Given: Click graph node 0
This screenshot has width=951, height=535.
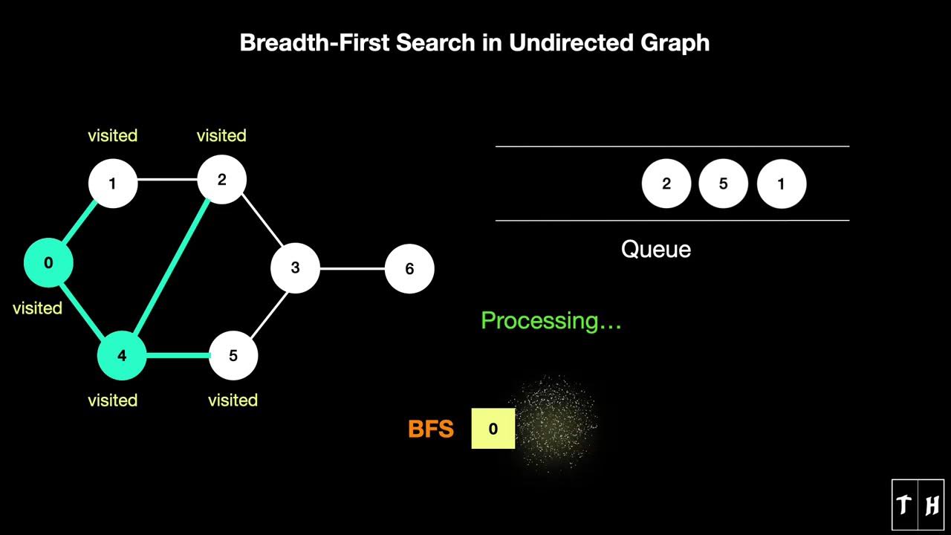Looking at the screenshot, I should pos(48,262).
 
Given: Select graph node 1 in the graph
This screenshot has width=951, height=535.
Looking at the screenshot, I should pos(113,183).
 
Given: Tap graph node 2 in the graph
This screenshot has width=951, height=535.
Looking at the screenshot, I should pos(221,180).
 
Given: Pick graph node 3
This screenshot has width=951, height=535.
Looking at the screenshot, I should pos(295,267).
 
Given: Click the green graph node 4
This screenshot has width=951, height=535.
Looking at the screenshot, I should pos(122,356).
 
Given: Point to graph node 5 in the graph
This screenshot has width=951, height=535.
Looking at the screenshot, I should pos(233,356).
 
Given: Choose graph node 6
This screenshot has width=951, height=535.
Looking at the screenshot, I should pos(409,268).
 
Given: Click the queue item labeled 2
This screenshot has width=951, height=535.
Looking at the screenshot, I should pos(666,184).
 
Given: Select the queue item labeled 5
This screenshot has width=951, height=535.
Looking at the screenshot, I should pos(723,184).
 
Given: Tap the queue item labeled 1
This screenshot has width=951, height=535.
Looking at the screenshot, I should pos(781,184).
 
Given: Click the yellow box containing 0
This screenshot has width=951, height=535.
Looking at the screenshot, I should pos(493,429).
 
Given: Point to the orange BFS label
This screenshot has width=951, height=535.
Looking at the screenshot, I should pos(431,429).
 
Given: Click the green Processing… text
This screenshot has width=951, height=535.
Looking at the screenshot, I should pos(551,321).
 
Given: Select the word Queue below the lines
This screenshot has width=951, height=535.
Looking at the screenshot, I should pos(656,249).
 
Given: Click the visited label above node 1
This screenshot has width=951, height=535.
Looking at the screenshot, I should pos(113,135).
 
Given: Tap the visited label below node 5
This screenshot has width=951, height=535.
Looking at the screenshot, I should pos(233,400).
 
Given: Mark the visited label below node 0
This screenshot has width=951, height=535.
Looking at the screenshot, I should pos(37,308).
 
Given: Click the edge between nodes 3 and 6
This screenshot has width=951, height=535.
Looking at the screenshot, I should pos(352,268).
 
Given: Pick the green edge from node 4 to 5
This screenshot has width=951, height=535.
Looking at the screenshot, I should pos(178,356).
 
